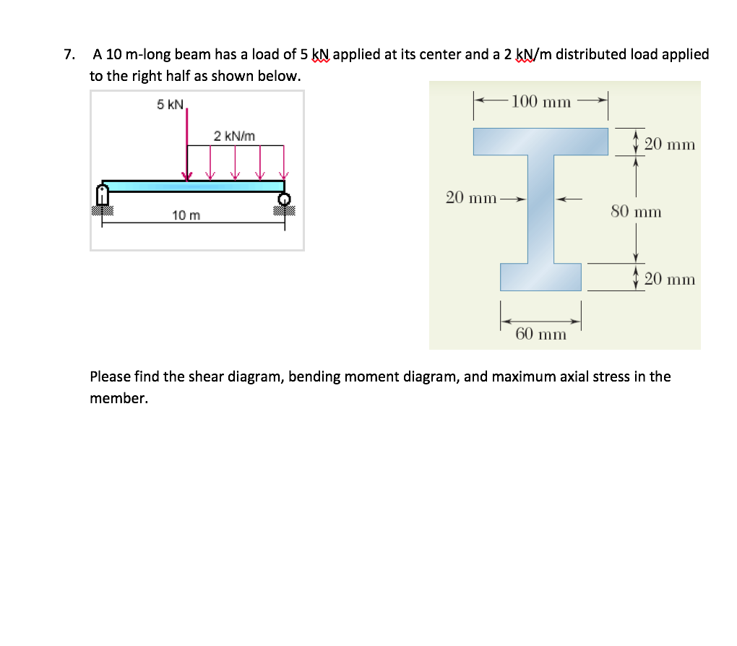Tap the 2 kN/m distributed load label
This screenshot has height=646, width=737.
pos(233,136)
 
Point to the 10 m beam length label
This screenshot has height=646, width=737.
pos(186,215)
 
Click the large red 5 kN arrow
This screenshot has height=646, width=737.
pos(187,145)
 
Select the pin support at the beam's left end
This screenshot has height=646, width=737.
pos(103,194)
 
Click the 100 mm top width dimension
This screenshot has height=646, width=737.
pos(540,101)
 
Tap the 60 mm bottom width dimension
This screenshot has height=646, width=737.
pos(540,334)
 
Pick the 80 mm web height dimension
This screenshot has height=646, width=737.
pos(636,212)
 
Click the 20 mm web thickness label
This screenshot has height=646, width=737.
pos(470,197)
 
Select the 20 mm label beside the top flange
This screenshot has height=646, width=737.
pos(669,144)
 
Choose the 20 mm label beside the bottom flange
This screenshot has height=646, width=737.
pos(669,279)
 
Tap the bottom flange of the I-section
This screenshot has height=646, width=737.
pos(540,277)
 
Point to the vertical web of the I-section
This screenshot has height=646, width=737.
pos(540,210)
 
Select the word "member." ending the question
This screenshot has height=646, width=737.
pos(118,398)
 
